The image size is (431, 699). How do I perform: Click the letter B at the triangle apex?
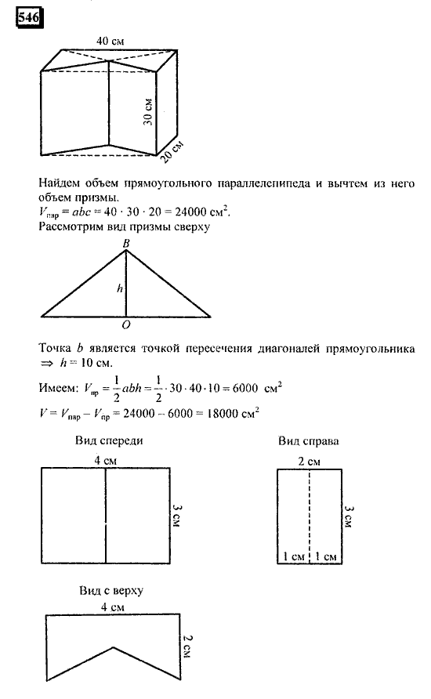(x=125, y=244)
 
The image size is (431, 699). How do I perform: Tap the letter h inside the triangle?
(x=119, y=288)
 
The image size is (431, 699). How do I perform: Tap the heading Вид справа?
(x=308, y=442)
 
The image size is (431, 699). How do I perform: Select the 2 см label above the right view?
(x=310, y=460)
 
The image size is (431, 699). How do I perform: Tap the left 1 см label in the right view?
(x=292, y=556)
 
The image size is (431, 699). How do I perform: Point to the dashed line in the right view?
(x=310, y=509)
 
